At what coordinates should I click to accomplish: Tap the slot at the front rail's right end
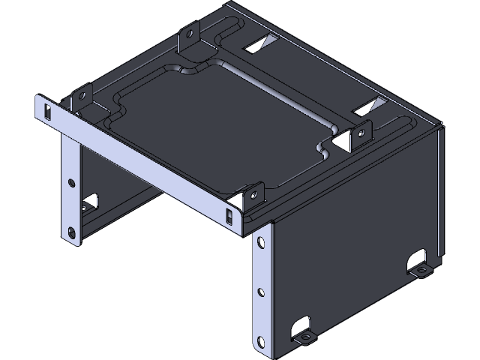click(x=229, y=216)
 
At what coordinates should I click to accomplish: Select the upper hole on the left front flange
click(x=71, y=182)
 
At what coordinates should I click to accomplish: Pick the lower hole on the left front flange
click(x=72, y=232)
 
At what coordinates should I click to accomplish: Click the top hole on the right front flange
click(x=259, y=242)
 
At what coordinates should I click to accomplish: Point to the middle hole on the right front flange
click(x=260, y=292)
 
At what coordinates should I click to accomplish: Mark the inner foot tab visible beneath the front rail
click(x=91, y=202)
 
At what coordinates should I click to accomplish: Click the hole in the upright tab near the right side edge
click(x=365, y=133)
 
